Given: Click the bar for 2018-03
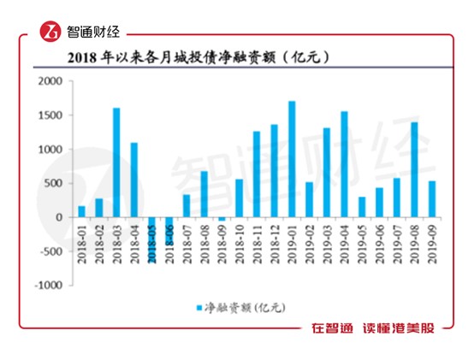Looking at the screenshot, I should coord(116,162).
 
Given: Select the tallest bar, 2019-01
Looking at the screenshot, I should coord(292,159).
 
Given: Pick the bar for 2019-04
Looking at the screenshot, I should coord(344,164).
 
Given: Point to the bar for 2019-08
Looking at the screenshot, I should coord(414,169).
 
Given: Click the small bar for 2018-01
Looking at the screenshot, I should coord(81,211).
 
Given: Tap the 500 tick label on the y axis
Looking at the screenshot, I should coord(53,183).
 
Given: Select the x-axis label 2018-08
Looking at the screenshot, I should coord(204,244).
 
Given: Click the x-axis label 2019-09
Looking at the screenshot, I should coord(432,244).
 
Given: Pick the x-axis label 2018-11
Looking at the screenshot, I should coord(257,244).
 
